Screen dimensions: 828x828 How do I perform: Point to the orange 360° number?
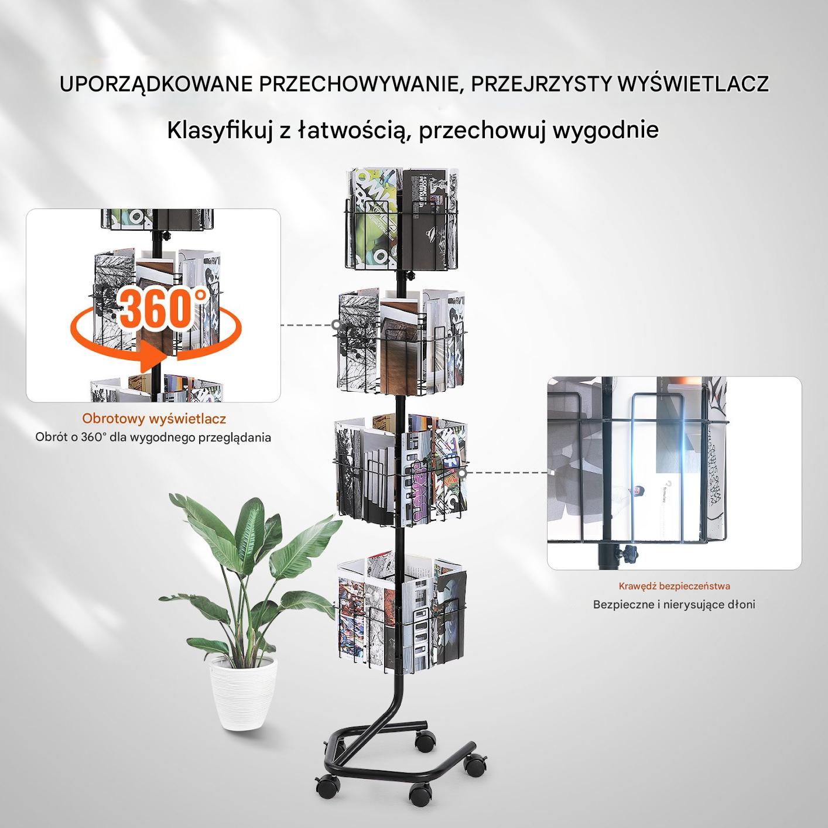point(160,309)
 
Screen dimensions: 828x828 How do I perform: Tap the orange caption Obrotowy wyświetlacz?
point(154,419)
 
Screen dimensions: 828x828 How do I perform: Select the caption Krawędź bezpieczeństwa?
point(674,586)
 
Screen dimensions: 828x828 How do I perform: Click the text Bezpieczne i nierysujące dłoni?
point(674,604)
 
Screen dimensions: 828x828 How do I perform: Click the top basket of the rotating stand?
point(401,219)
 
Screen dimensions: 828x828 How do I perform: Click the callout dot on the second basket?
point(336,324)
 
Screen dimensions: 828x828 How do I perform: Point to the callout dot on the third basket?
point(463,473)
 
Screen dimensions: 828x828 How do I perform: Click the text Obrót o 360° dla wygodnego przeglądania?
point(153,438)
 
